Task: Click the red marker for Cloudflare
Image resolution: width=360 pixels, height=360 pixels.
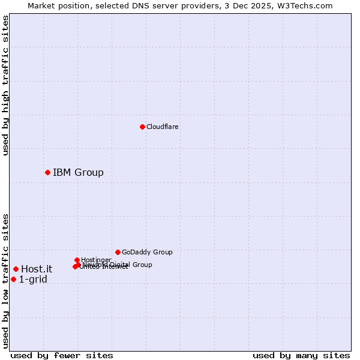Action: [142, 127]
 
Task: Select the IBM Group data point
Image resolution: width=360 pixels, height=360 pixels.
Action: [47, 172]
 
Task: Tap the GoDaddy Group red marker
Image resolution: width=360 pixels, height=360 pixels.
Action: [118, 252]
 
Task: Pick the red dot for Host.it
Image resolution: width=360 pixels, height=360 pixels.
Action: [16, 269]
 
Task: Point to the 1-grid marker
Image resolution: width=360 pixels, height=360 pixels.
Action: [13, 279]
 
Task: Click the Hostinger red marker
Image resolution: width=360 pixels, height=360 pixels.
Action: [77, 260]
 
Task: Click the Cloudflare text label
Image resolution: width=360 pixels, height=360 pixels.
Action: [162, 127]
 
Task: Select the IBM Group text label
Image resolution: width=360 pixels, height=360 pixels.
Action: [78, 173]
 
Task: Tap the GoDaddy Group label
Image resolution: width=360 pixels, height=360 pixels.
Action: [147, 252]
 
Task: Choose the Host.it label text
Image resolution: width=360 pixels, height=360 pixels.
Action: [37, 269]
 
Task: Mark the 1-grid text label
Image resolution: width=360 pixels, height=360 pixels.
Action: [33, 280]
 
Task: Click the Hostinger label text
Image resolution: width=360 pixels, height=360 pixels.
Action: [96, 260]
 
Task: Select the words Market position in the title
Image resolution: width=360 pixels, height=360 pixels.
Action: [59, 5]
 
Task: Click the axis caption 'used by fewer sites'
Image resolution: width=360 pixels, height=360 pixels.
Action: [62, 355]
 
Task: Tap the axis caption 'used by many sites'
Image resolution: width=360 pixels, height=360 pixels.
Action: [301, 355]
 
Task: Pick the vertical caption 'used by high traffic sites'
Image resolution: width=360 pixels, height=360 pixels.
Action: [5, 85]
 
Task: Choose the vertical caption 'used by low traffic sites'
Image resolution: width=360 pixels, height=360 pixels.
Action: [5, 280]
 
